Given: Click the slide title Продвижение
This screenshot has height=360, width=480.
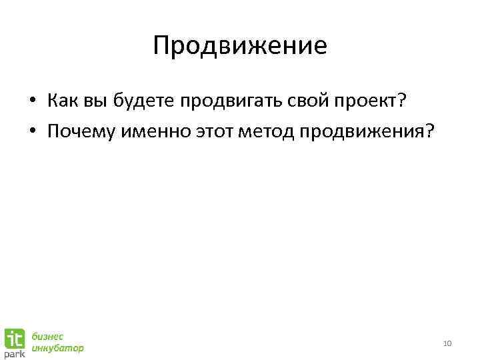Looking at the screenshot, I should pyautogui.click(x=240, y=46).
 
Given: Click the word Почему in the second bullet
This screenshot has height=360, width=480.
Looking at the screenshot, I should pyautogui.click(x=79, y=131).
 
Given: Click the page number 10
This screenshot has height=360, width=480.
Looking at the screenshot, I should pyautogui.click(x=447, y=343).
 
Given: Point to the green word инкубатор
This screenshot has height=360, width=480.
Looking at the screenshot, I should pyautogui.click(x=59, y=348).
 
